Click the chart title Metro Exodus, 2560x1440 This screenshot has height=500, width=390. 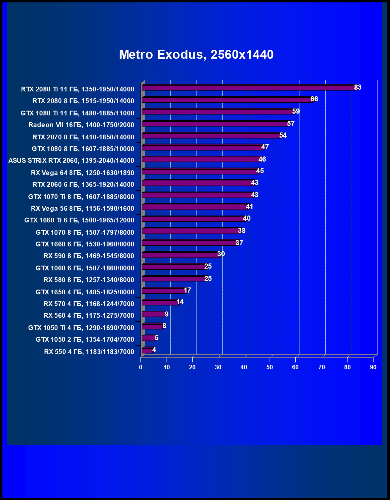[196, 55]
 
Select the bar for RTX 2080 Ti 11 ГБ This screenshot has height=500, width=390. [249, 88]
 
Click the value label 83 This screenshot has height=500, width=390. [358, 87]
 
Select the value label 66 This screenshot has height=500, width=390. [314, 99]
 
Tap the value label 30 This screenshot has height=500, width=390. [221, 254]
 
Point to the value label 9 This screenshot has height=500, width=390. [167, 314]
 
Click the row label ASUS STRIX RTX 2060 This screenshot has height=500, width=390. [71, 161]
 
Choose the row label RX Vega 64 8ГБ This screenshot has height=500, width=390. [82, 173]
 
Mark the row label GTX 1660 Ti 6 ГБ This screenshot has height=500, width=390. [79, 220]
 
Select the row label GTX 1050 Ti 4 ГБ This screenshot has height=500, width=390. [81, 328]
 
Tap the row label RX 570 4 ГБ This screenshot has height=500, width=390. [89, 304]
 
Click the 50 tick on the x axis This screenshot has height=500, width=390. [270, 367]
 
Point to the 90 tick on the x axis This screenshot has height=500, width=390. [373, 367]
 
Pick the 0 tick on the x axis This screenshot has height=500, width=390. [140, 367]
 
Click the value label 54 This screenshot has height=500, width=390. [283, 135]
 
